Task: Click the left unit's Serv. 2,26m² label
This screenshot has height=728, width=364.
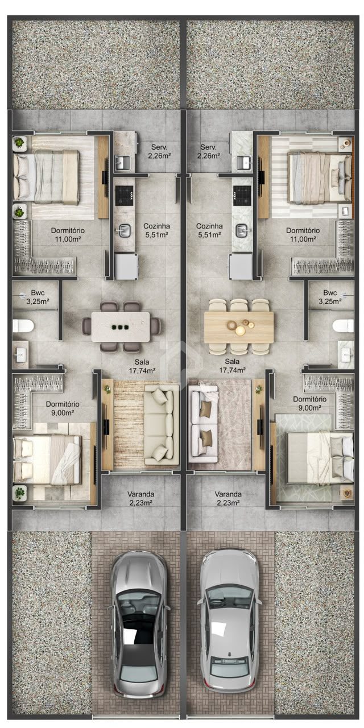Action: point(159,151)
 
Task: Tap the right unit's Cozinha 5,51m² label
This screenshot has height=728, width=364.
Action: point(210,230)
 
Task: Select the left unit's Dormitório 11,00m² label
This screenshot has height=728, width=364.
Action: point(68,235)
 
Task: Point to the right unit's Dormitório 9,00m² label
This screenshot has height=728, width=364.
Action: point(310,403)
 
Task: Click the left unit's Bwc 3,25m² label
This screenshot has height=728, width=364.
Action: point(38,297)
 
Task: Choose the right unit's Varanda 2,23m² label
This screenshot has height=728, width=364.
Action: point(228,498)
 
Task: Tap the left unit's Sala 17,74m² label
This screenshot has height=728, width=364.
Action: point(142,366)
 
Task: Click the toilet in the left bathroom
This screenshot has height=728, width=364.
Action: point(23,326)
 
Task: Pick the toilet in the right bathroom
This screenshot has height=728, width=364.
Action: point(343,326)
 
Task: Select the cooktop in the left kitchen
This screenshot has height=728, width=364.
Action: point(124,195)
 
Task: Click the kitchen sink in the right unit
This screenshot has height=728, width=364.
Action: point(242,230)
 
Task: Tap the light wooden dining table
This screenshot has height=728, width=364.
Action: point(238,327)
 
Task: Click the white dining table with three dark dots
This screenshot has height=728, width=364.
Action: point(121,326)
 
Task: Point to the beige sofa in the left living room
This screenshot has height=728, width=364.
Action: point(161,425)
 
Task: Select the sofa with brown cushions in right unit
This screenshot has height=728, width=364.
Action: point(204,427)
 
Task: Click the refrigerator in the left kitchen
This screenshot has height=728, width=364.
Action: point(126,267)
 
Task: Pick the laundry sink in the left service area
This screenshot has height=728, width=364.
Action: point(122,162)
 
